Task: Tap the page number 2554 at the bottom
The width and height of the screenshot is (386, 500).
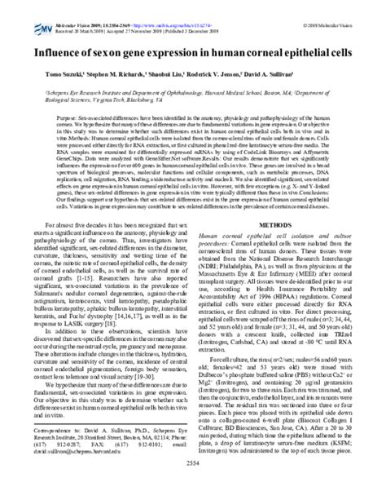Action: (192, 484)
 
